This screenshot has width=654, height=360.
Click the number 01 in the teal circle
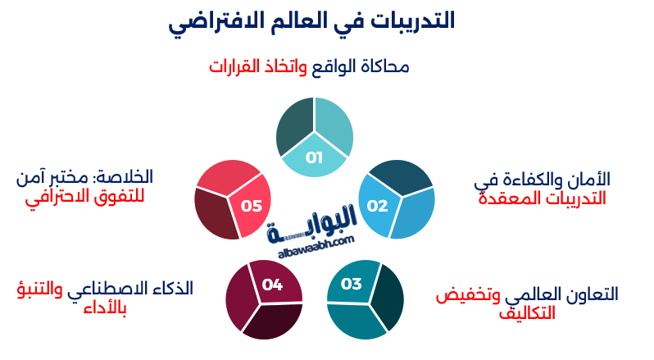315,157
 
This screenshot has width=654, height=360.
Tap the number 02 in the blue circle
377,205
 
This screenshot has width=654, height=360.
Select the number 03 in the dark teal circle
351,284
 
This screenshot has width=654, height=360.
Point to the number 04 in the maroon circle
272,285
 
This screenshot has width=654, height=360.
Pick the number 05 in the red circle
252,205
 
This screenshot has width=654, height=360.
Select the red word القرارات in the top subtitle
240,66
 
